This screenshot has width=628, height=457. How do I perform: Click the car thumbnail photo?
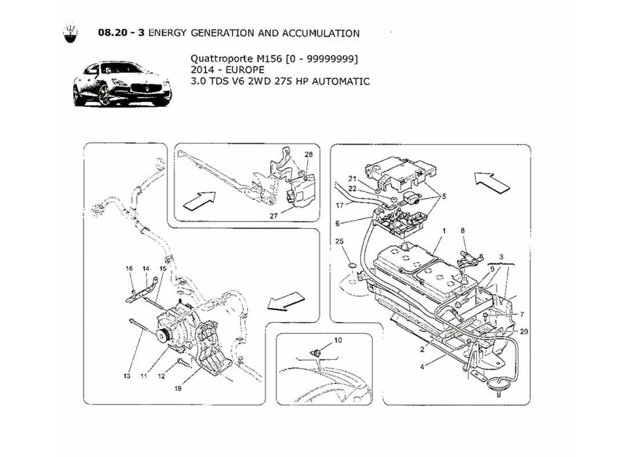coord(122,85)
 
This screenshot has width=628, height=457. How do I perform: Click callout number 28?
coord(308,155)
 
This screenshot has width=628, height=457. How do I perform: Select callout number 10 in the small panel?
coord(338,340)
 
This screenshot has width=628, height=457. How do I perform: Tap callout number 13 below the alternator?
coord(127,376)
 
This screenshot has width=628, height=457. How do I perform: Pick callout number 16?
coord(129,268)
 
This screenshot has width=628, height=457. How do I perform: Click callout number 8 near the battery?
coord(463,231)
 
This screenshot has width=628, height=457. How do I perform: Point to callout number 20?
coord(524,331)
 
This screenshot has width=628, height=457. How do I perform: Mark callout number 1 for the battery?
coord(442,231)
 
